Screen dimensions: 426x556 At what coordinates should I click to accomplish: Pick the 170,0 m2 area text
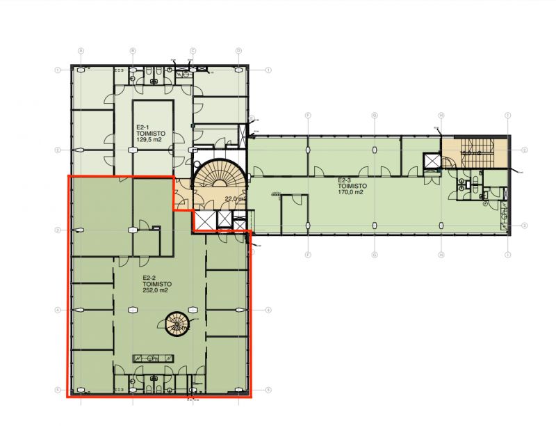point(350,193)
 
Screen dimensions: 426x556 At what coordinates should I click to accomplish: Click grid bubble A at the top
point(81,51)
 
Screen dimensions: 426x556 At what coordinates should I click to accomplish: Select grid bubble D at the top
point(238,51)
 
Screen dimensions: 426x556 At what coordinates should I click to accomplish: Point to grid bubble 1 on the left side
point(59,70)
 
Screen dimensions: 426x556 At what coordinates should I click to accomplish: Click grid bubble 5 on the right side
point(268,389)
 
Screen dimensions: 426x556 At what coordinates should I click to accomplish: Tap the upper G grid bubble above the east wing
point(374,115)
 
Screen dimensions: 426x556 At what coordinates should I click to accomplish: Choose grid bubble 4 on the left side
point(59,309)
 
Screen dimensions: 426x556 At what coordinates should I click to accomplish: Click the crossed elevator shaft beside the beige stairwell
point(432,161)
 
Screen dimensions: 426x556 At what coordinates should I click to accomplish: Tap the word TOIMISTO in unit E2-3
point(350,187)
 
